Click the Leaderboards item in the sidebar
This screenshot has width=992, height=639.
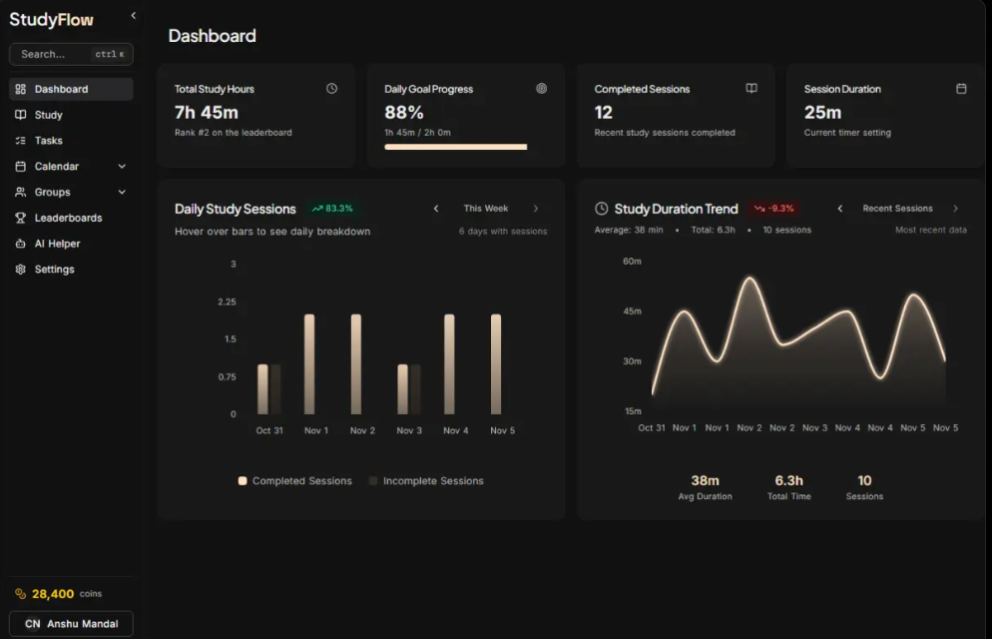tap(67, 218)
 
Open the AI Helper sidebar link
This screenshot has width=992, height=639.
tap(57, 244)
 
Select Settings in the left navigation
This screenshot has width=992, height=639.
tap(54, 270)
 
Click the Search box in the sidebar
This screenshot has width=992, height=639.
tap(70, 54)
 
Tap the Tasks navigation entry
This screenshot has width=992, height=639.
tap(48, 141)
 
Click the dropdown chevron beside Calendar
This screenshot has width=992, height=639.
tap(122, 167)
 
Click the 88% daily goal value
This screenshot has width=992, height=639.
tap(404, 113)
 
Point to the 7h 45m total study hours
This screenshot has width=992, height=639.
tap(206, 113)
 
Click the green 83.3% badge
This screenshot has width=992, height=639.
tap(332, 209)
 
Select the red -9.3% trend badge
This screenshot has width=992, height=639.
tap(773, 209)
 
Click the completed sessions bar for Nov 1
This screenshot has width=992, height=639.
tap(309, 363)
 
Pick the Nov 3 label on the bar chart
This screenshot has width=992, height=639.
tap(410, 430)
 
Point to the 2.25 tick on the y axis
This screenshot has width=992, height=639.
tap(227, 302)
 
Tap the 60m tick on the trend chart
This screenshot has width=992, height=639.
tap(632, 262)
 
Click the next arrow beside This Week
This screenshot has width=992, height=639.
tap(536, 209)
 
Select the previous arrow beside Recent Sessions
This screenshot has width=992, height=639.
tap(840, 209)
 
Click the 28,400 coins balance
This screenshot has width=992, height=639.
tap(52, 594)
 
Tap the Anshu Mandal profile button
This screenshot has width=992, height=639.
tap(71, 624)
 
